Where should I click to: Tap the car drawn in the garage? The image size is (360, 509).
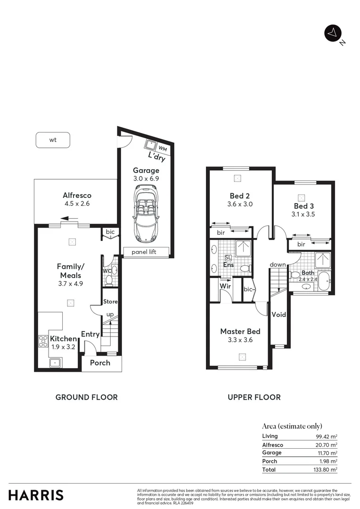(146, 212)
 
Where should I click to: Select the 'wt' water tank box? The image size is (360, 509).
(53, 140)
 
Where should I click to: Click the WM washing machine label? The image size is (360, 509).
(162, 148)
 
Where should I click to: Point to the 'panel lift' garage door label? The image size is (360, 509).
(146, 252)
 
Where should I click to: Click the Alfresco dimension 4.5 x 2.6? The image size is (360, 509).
(77, 204)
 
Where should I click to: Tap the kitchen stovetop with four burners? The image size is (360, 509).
(43, 340)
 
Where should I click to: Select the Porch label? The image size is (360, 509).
(100, 362)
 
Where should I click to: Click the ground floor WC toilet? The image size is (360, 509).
(109, 279)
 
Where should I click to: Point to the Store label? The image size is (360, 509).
(110, 302)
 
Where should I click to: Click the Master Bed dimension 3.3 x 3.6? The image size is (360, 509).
(240, 339)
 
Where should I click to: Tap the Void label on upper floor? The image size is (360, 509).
(278, 314)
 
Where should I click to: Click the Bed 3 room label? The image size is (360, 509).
(303, 206)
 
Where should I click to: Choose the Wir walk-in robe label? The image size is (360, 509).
(225, 286)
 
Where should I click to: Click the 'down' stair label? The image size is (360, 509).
(278, 264)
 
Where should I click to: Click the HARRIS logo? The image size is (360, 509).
(36, 495)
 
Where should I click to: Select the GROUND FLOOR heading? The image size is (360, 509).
(87, 397)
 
